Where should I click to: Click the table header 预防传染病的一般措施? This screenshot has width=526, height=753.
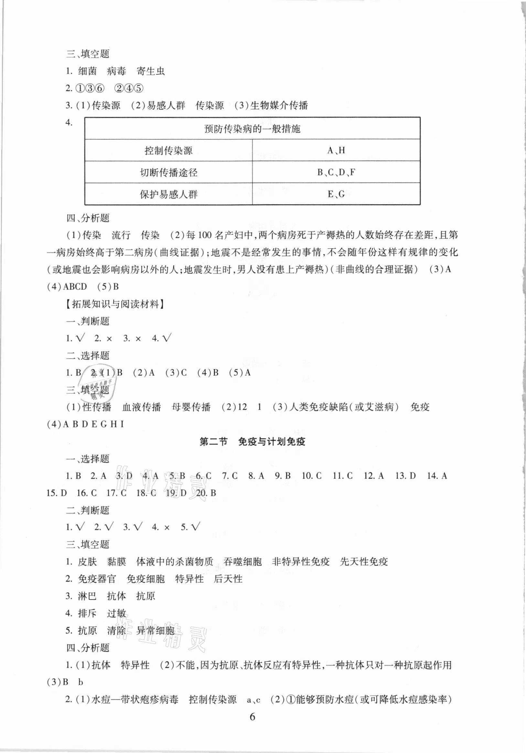(252, 129)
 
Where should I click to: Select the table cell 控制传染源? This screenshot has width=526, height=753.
(168, 150)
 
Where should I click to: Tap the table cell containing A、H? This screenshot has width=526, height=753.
(336, 150)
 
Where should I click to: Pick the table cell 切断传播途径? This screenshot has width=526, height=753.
(168, 172)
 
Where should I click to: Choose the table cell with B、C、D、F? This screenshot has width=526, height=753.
(336, 172)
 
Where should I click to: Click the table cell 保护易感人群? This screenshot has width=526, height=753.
(168, 194)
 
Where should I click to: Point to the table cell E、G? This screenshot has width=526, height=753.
(336, 194)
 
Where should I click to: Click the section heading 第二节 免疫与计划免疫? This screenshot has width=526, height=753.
(252, 442)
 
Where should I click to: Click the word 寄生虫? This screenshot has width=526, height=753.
(150, 71)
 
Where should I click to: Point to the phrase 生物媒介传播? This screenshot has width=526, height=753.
(279, 105)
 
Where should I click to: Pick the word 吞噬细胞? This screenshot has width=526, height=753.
(242, 562)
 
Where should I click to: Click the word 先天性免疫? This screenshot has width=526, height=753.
(364, 562)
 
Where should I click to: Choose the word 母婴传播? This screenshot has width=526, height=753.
(191, 407)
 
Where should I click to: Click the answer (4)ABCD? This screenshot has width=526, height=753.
(67, 287)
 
